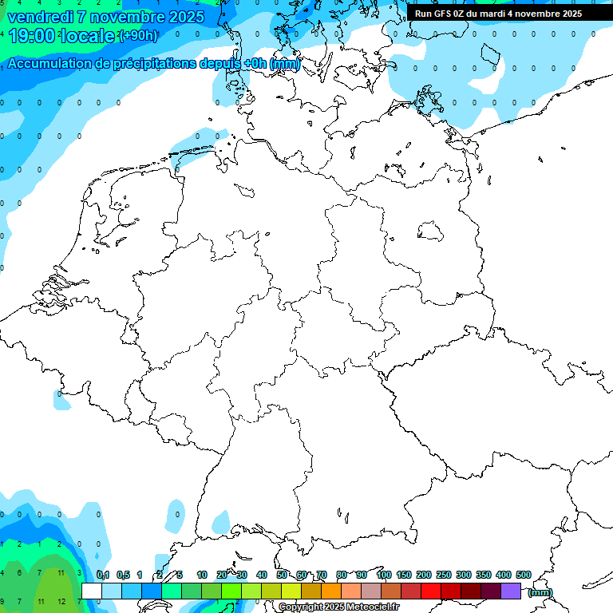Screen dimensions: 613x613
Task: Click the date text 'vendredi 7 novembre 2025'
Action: click(x=105, y=17)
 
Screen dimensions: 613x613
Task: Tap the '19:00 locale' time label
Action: click(x=61, y=35)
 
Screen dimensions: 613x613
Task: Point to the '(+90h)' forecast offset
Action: click(x=137, y=36)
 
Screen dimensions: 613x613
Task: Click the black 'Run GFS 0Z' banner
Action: click(x=498, y=14)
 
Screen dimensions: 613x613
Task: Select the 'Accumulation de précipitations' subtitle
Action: click(x=152, y=64)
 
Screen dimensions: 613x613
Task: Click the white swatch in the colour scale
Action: click(x=92, y=591)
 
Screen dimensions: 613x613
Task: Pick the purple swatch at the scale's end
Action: click(x=511, y=591)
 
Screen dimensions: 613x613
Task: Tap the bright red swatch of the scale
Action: click(x=431, y=591)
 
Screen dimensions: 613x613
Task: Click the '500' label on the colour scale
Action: click(x=524, y=575)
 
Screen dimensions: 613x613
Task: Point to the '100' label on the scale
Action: click(x=384, y=575)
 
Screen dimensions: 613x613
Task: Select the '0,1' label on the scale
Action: click(x=103, y=575)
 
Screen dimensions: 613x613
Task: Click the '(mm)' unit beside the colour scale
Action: click(x=540, y=592)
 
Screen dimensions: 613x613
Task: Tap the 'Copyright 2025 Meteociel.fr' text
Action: click(x=338, y=607)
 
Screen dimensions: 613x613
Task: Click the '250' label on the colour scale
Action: click(x=444, y=575)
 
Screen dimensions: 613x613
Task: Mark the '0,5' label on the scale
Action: click(x=123, y=575)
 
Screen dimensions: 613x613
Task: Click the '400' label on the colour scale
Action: click(x=504, y=575)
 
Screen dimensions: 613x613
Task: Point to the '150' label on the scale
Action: click(x=404, y=575)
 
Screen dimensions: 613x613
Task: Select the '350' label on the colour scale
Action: click(x=484, y=575)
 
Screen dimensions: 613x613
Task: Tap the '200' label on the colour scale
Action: click(x=424, y=575)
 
